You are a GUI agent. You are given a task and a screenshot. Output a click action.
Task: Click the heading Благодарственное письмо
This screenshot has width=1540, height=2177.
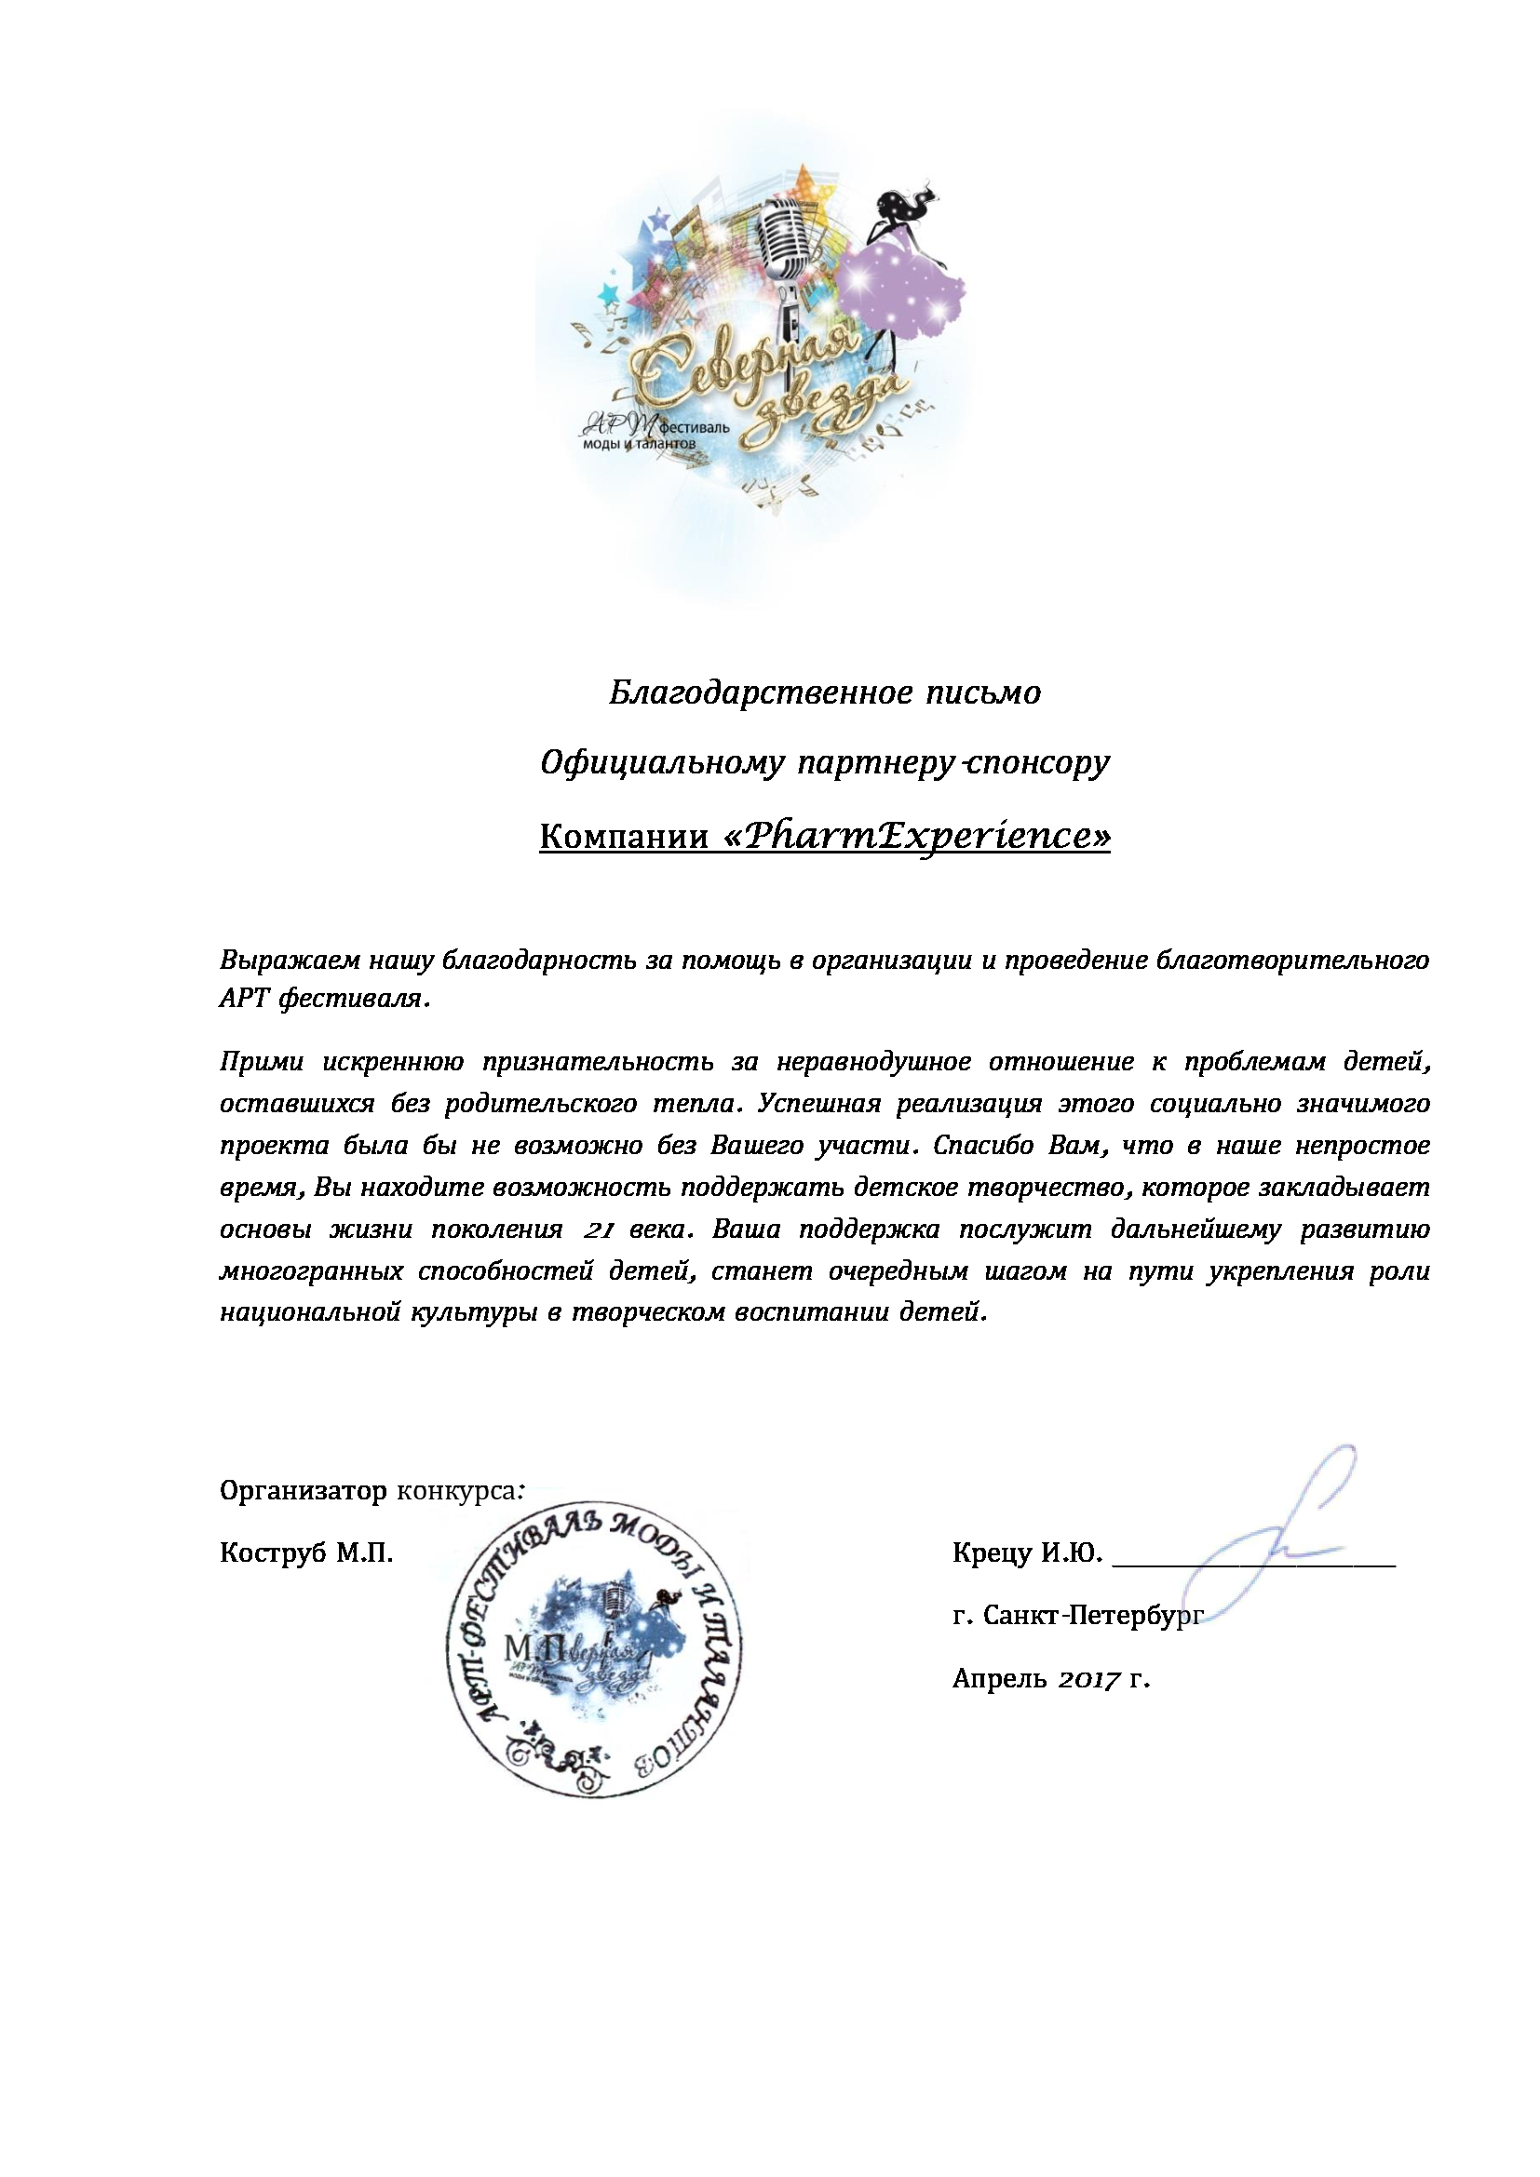pos(824,693)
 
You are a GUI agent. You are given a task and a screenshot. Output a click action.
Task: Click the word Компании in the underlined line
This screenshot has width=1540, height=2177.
pos(623,838)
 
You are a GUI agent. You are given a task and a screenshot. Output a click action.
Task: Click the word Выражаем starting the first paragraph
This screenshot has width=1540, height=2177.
pos(290,961)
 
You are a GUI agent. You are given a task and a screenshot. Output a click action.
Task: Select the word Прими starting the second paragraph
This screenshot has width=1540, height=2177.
pos(262,1062)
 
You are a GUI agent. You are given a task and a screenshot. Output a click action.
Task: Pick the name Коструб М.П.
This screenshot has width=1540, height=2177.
pos(306,1553)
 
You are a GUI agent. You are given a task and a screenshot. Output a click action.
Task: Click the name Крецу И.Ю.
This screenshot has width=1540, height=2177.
pos(1027,1553)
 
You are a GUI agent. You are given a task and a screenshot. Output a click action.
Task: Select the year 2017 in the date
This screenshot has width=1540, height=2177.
pos(1089,1679)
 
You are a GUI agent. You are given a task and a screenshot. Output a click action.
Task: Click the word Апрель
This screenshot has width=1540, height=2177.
pos(998,1679)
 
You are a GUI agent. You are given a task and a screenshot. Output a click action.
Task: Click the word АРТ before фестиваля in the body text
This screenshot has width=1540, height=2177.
pos(245,1001)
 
